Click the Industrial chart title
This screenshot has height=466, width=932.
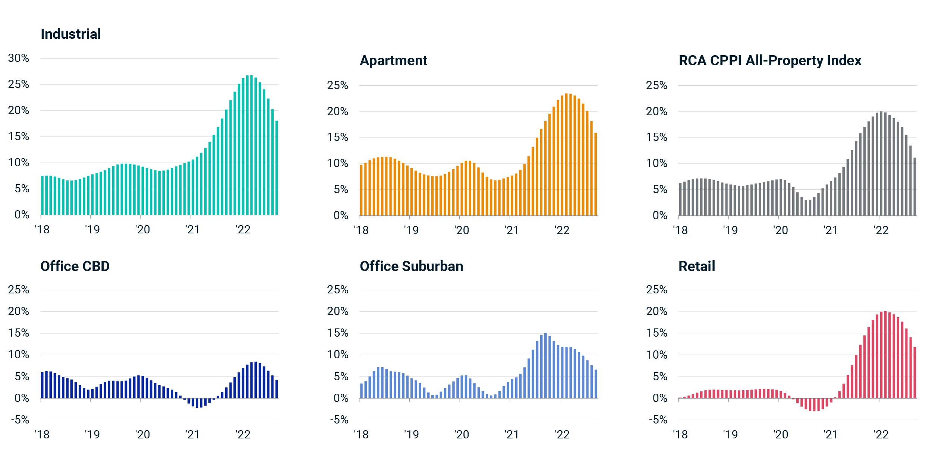pyautogui.click(x=71, y=34)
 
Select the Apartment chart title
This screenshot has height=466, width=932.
pyautogui.click(x=393, y=61)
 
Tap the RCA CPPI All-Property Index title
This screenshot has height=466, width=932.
pyautogui.click(x=770, y=61)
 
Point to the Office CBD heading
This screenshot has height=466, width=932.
pyautogui.click(x=75, y=266)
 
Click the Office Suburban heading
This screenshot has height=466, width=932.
pyautogui.click(x=412, y=266)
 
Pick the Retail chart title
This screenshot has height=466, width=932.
pyautogui.click(x=697, y=266)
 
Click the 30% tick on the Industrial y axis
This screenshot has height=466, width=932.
pyautogui.click(x=19, y=58)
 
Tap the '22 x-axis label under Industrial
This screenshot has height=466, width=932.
pyautogui.click(x=243, y=229)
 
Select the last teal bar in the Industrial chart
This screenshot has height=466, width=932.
pyautogui.click(x=277, y=168)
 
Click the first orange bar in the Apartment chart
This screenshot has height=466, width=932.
pyautogui.click(x=361, y=190)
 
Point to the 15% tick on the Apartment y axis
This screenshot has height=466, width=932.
pyautogui.click(x=337, y=137)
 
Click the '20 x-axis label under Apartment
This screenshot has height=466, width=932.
pyautogui.click(x=462, y=230)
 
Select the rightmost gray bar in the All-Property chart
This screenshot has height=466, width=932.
pyautogui.click(x=915, y=186)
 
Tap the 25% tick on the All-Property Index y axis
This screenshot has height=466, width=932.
pyautogui.click(x=657, y=85)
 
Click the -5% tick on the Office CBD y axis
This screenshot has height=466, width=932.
pyautogui.click(x=20, y=420)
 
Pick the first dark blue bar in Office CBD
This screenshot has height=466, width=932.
pyautogui.click(x=42, y=385)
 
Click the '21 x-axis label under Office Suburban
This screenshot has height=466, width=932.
pyautogui.click(x=511, y=434)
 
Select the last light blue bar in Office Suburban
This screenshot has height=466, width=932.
pyautogui.click(x=596, y=384)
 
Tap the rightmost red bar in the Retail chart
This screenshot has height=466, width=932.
pyautogui.click(x=915, y=373)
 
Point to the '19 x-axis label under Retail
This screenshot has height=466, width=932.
pyautogui.click(x=730, y=434)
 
